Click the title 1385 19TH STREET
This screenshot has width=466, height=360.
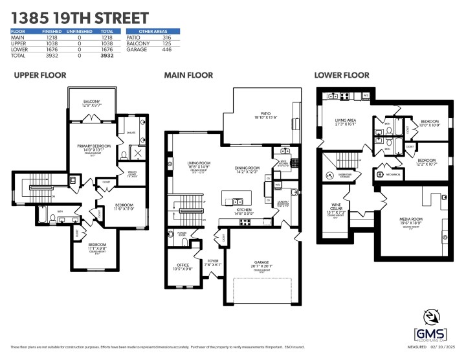[80, 17]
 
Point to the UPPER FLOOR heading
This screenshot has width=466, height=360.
[40, 76]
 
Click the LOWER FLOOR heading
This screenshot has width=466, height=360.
[342, 76]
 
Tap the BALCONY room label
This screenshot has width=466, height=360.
[92, 100]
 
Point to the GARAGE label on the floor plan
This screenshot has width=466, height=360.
[262, 262]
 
